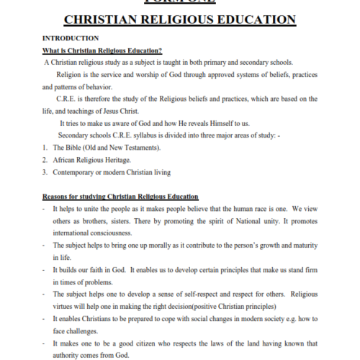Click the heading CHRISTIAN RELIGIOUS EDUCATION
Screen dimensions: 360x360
pos(180,19)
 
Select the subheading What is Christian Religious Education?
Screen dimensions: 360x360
pos(102,50)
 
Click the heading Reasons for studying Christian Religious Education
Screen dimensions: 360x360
pos(120,197)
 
